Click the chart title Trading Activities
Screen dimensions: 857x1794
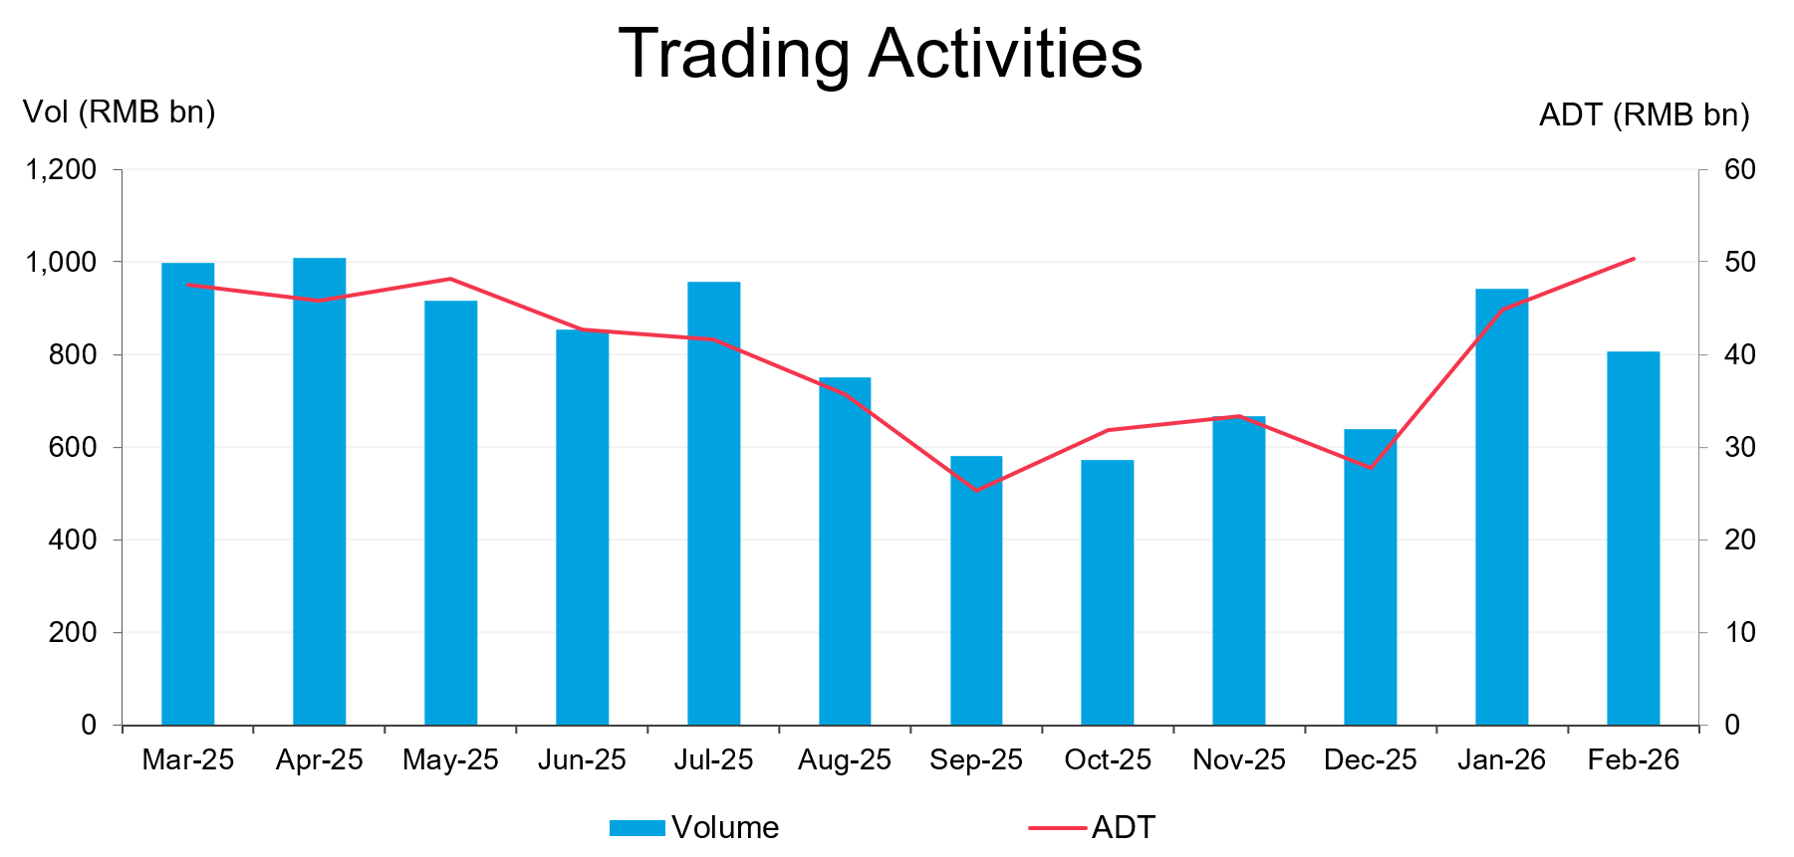[x=881, y=54]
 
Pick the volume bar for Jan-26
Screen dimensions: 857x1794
[x=1501, y=507]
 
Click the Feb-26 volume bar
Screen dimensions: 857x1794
[x=1633, y=537]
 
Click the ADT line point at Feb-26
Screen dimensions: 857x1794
[x=1634, y=259]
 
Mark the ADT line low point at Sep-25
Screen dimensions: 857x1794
[x=976, y=490]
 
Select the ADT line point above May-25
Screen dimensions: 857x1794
[x=450, y=279]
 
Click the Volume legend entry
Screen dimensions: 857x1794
[x=695, y=827]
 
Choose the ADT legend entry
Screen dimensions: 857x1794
[x=1093, y=827]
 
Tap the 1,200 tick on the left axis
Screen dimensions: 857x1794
[x=62, y=169]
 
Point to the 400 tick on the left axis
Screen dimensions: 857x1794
[x=73, y=539]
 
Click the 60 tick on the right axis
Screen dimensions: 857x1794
[x=1740, y=169]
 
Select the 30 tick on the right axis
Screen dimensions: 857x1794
[x=1740, y=447]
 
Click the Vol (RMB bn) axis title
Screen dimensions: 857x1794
[x=119, y=111]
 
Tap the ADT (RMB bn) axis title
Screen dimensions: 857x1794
[x=1644, y=115]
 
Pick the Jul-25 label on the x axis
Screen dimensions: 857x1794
[x=713, y=760]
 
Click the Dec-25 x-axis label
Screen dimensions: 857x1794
[x=1370, y=760]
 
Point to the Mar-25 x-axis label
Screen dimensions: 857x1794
[x=187, y=760]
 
